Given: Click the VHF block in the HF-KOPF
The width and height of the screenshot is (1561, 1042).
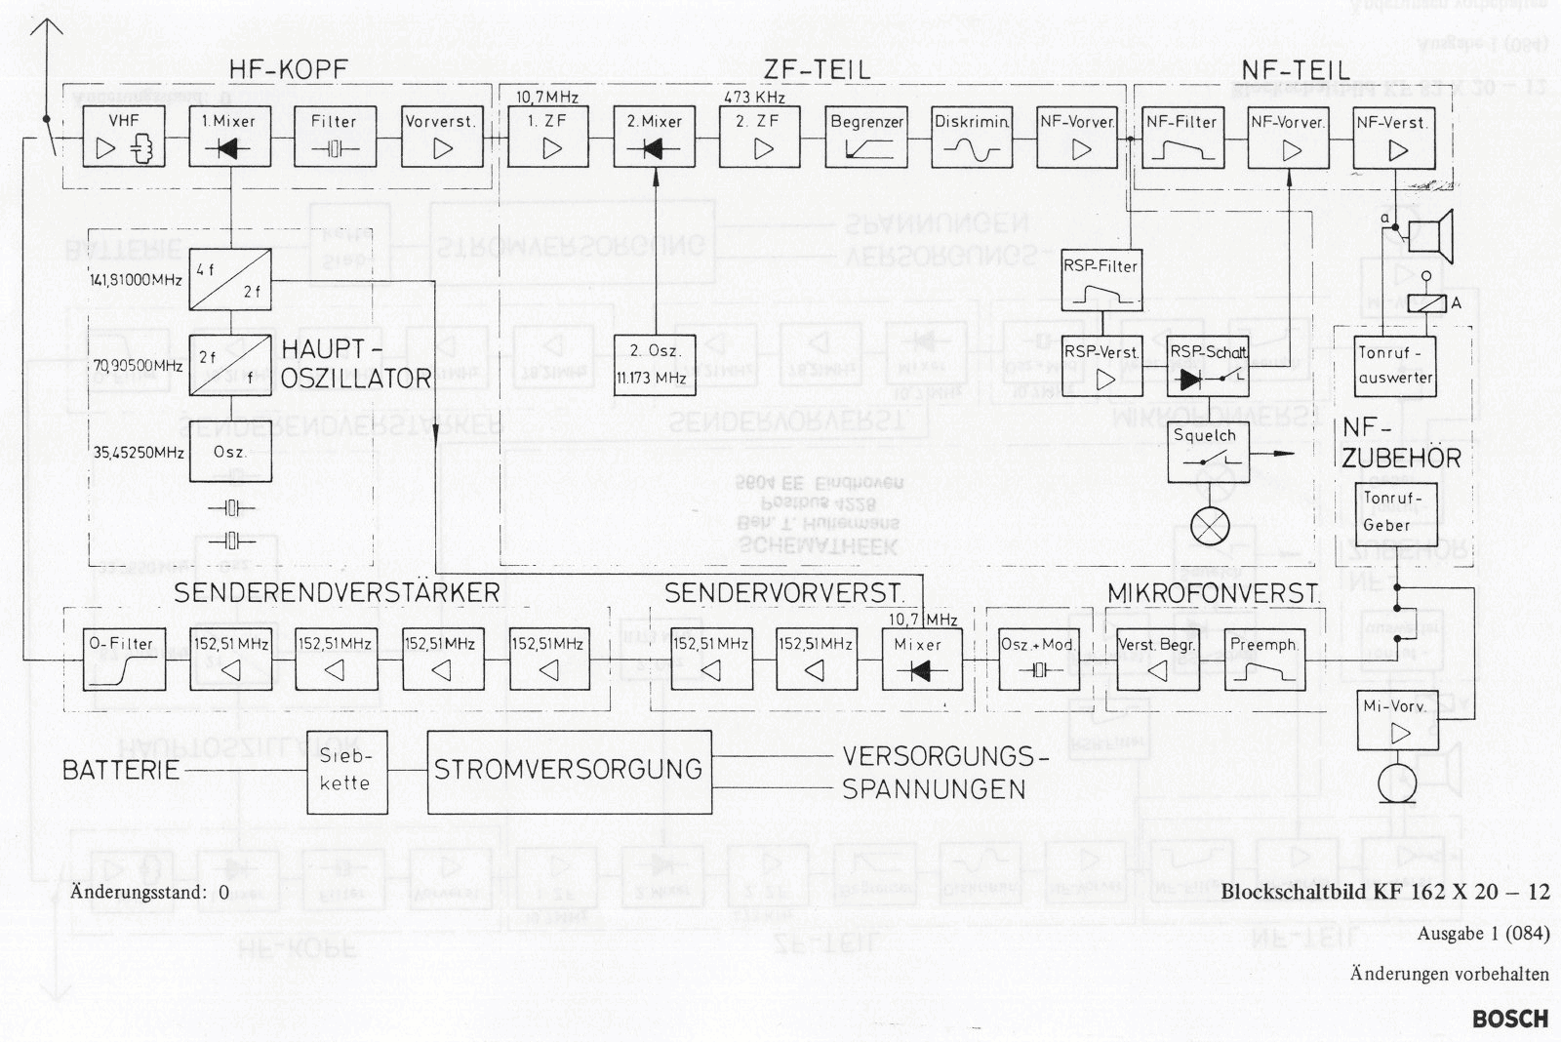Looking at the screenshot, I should point(123,138).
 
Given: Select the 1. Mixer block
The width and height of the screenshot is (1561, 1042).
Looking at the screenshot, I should point(229,138).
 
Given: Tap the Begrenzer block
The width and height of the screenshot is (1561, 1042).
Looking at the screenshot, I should point(866,138).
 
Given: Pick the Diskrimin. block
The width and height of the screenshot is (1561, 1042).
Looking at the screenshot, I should point(972,138).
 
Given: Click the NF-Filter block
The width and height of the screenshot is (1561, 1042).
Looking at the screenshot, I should point(1182,138).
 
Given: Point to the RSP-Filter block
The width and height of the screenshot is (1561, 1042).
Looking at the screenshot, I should point(1101,279).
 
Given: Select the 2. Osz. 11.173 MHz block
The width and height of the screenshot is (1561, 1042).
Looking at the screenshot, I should point(655,364).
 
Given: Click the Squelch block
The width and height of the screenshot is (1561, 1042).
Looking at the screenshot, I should point(1208,452).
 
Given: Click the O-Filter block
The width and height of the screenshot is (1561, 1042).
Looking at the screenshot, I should point(124,659).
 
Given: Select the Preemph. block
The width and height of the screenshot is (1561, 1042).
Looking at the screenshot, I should point(1264,659).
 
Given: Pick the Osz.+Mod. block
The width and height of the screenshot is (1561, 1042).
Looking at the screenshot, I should point(1039,659).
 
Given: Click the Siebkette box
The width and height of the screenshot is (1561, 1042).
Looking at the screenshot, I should point(347,771).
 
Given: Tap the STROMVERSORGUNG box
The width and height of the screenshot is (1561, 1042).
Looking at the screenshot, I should point(570,771).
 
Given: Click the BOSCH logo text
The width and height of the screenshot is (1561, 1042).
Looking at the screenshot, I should point(1509,1019).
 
